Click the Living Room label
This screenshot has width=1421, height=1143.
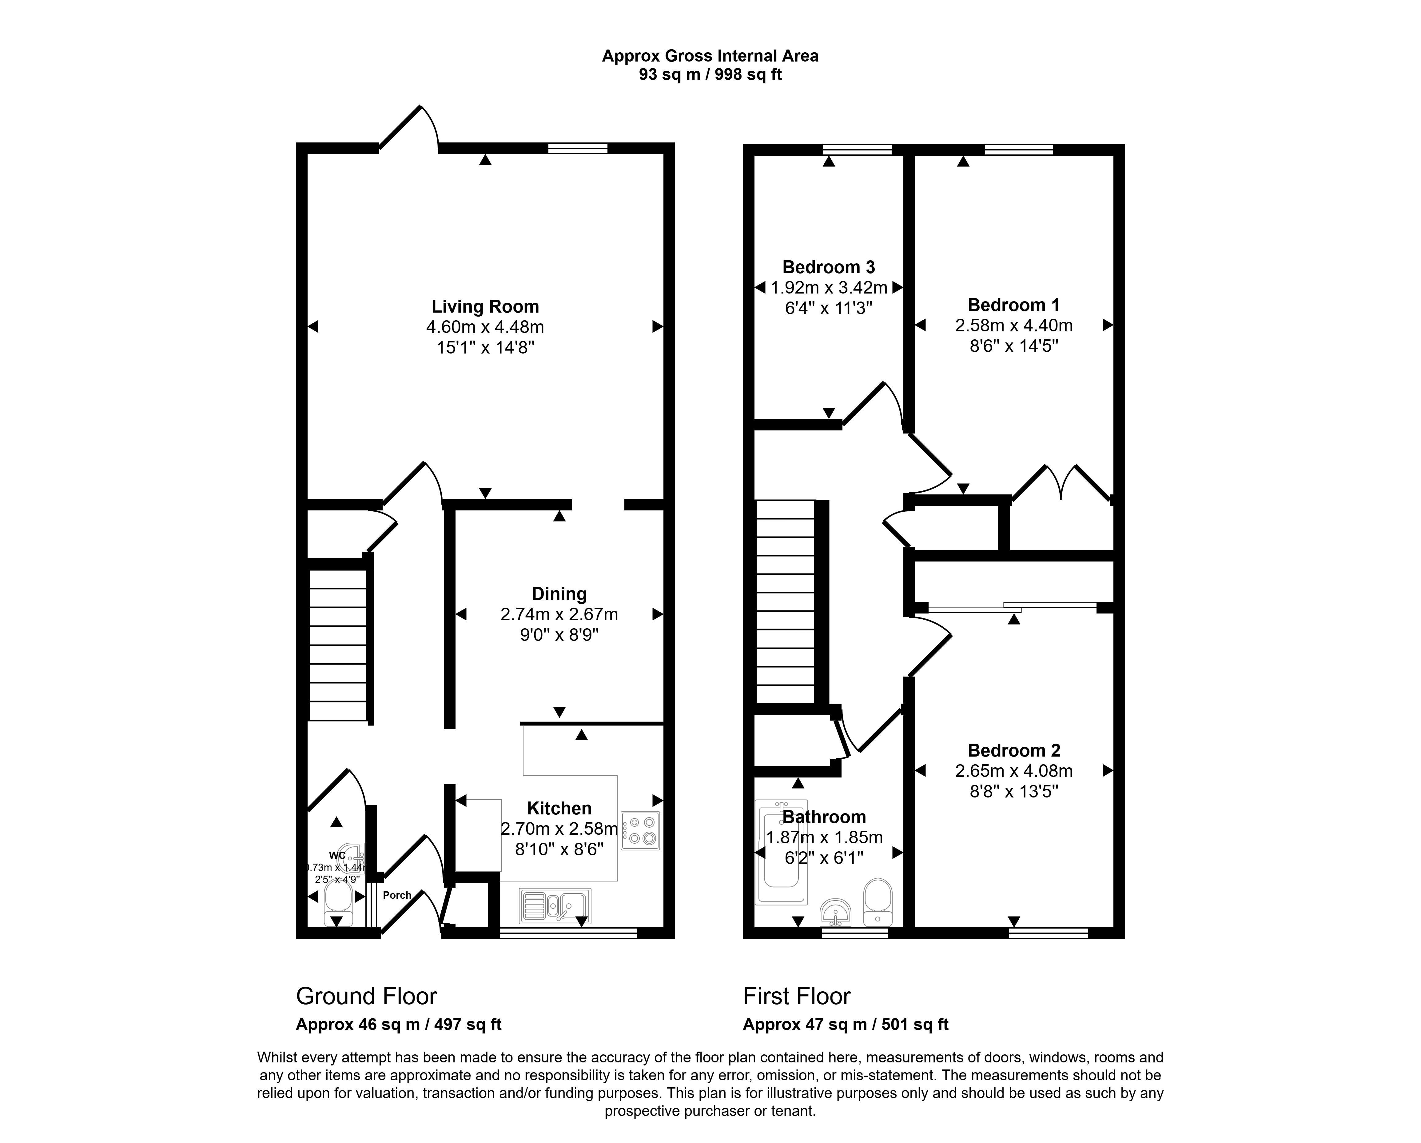pyautogui.click(x=485, y=306)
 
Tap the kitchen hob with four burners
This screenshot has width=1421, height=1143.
pyautogui.click(x=640, y=830)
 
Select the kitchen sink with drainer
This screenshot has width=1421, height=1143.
pyautogui.click(x=555, y=906)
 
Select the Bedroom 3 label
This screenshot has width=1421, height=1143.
pyautogui.click(x=829, y=267)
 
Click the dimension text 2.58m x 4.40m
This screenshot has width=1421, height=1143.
pyautogui.click(x=1014, y=325)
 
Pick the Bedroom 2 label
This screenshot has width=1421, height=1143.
pyautogui.click(x=1014, y=750)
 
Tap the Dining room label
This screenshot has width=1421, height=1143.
pyautogui.click(x=559, y=594)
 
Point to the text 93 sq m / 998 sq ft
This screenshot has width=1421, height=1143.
pyautogui.click(x=710, y=74)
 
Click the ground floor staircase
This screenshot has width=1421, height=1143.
pyautogui.click(x=337, y=645)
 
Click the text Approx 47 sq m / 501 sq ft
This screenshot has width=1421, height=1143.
pyautogui.click(x=846, y=1024)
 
